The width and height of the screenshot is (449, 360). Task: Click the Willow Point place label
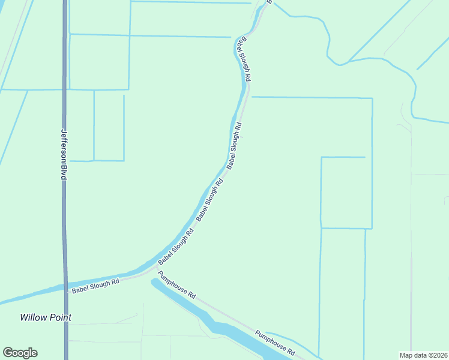[x=46, y=317]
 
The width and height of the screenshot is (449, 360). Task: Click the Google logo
[x=20, y=353]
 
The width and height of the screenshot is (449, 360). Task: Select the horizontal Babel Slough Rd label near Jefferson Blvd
[x=95, y=285]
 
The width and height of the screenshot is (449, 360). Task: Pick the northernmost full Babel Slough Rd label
[x=244, y=59]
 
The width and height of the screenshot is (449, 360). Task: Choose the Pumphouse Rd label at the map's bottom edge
[x=275, y=342]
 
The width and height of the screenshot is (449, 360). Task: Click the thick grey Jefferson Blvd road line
[x=65, y=228]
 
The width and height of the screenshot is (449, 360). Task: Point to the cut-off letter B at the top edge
[x=270, y=2]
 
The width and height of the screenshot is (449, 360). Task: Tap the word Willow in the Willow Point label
[x=32, y=317]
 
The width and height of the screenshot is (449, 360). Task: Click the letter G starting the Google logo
[x=8, y=353]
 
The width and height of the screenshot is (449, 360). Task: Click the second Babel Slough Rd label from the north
[x=234, y=145]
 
